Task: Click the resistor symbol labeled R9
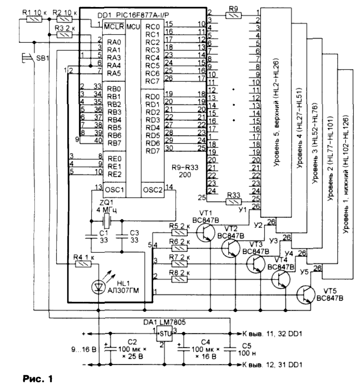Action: point(232,15)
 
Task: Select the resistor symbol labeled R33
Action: point(232,202)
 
